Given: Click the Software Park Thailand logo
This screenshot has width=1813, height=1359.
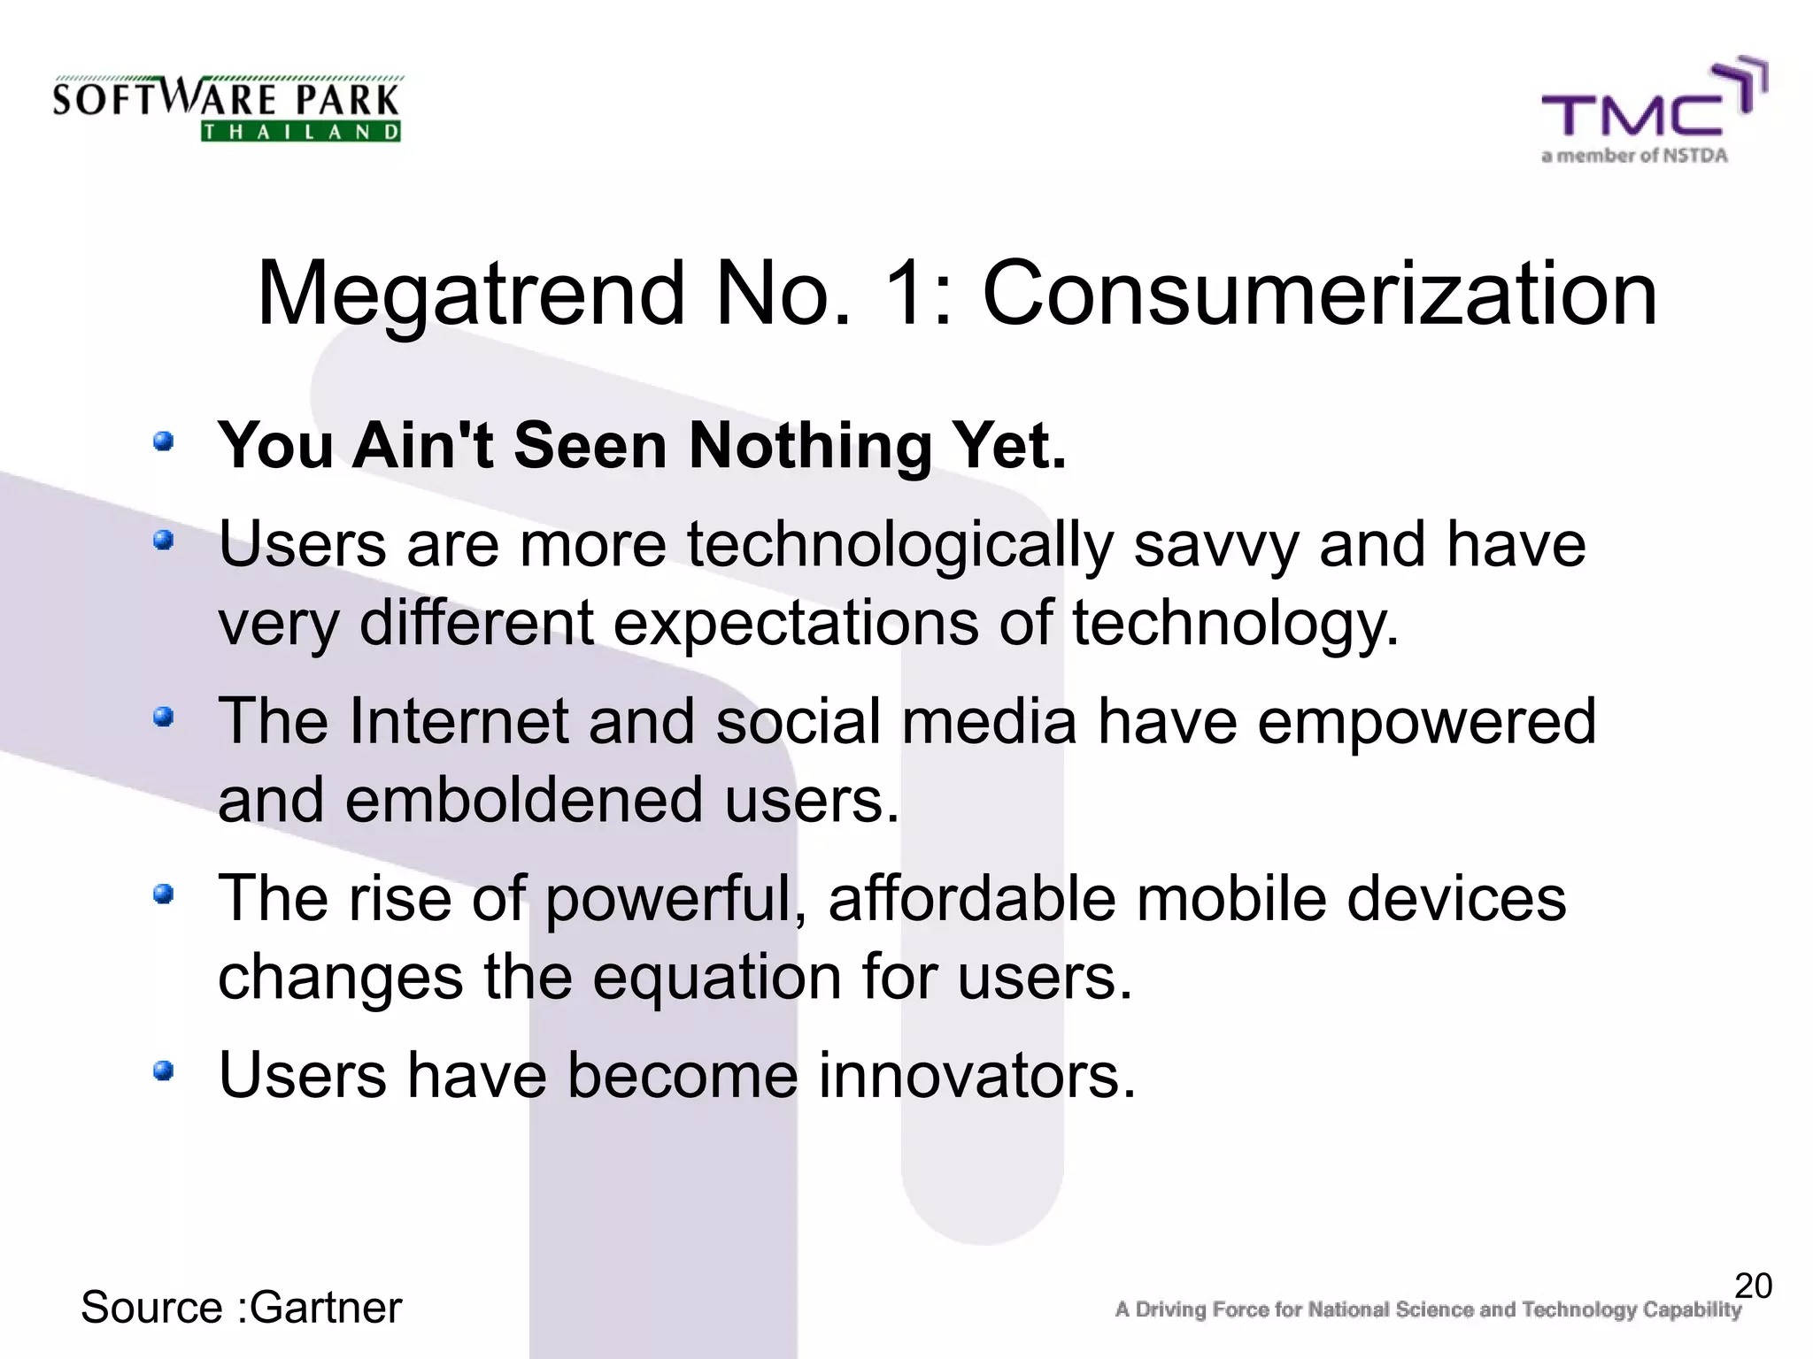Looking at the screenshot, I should pos(227,108).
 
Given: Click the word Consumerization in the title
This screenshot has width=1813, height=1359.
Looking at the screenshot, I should pos(1319,294).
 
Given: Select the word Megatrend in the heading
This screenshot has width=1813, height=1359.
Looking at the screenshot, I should pos(470,296).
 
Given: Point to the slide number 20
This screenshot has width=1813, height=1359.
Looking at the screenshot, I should pos(1753,1286).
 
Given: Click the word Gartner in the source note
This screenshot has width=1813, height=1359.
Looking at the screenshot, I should pos(326,1308).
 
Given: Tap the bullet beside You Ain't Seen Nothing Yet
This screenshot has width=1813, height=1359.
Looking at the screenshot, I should pos(163,440).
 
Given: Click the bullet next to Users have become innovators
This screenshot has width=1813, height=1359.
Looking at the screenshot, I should pos(163,1071).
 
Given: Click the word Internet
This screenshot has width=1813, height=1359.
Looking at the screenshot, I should pos(458,721).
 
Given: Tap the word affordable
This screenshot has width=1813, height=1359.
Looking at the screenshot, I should pos(971,899).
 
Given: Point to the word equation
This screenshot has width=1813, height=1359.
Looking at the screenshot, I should pos(717,979).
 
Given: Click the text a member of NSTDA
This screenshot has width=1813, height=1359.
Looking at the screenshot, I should pos(1634,157).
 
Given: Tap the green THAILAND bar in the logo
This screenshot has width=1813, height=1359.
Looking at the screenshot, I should pos(301,133).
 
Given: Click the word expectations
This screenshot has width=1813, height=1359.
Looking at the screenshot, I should pos(795,624).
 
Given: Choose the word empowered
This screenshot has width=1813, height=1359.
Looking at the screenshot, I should pos(1425,722).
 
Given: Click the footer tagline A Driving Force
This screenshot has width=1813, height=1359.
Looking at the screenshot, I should pos(1427,1309).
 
